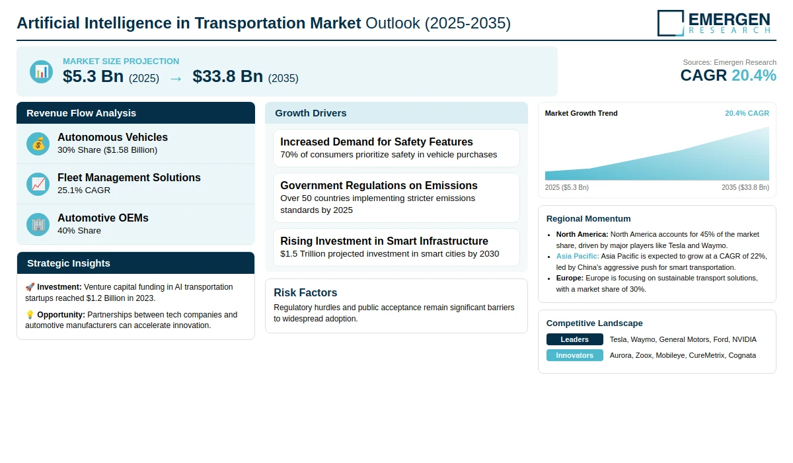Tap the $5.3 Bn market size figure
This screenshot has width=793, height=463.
(x=93, y=76)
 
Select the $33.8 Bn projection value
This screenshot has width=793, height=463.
(x=227, y=76)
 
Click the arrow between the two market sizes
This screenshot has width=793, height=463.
(x=176, y=79)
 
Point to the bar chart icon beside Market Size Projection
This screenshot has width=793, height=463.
(x=42, y=72)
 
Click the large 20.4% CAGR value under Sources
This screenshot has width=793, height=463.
(x=754, y=75)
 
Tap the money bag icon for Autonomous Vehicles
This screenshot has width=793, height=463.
(x=38, y=144)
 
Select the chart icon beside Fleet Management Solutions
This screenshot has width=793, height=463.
(x=38, y=185)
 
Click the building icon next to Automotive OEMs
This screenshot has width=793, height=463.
(x=38, y=225)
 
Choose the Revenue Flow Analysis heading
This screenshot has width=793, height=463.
(x=81, y=113)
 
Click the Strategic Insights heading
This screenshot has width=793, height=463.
(x=69, y=263)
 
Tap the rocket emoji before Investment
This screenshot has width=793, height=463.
(x=30, y=287)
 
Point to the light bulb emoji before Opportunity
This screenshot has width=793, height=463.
(x=30, y=315)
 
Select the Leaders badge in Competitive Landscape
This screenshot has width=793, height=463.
(x=574, y=339)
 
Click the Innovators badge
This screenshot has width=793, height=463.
(x=574, y=355)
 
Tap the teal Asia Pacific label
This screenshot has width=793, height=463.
(x=578, y=256)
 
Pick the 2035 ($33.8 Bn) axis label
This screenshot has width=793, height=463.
(x=745, y=187)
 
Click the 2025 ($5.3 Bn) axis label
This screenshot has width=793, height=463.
(x=567, y=187)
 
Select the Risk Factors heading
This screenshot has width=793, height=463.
(x=305, y=292)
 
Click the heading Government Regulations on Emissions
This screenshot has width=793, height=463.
(x=379, y=185)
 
